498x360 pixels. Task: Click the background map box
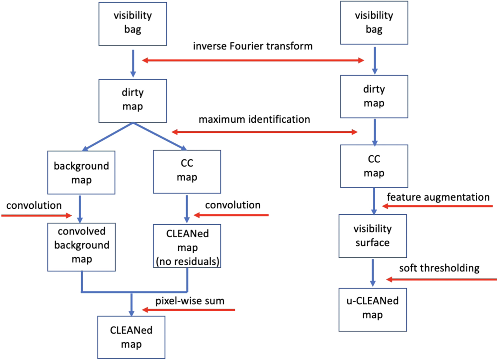coord(81,173)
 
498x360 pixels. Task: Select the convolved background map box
coord(81,247)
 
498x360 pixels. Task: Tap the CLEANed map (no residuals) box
coord(187,246)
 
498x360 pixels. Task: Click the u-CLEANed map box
coord(373,309)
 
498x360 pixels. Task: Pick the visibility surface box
coord(373,236)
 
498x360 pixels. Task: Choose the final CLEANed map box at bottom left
coord(131,337)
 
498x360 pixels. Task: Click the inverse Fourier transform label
coord(253,46)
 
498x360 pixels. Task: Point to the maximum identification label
coord(254,119)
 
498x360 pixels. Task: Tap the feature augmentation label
coord(438,197)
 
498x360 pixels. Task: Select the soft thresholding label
coord(439,268)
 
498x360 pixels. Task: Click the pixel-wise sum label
coord(190,301)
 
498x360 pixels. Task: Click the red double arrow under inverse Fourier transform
coord(253,60)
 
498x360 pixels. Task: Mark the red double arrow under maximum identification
coord(264,132)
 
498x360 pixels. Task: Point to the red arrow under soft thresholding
coord(442,280)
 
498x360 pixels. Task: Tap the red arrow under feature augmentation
coord(437,206)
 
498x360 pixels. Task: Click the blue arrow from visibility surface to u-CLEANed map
coord(373,272)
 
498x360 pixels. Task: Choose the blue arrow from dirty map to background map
coord(108,137)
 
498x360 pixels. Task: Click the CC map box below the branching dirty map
coord(187,172)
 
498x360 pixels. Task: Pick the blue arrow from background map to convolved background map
coord(80,209)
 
